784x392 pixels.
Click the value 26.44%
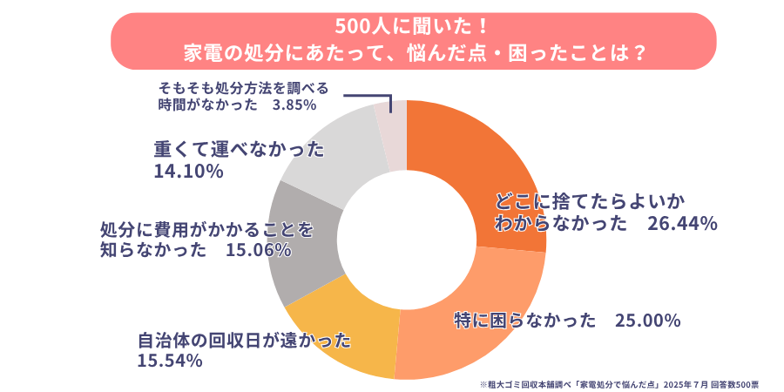pos(682,224)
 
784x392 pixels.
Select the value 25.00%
pos(647,321)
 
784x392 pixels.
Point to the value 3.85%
pos(294,105)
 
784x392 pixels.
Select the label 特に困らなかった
pos(523,321)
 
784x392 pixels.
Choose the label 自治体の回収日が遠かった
pos(245,339)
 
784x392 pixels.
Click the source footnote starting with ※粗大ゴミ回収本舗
pos(619,383)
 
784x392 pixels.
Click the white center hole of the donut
pos(407,240)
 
